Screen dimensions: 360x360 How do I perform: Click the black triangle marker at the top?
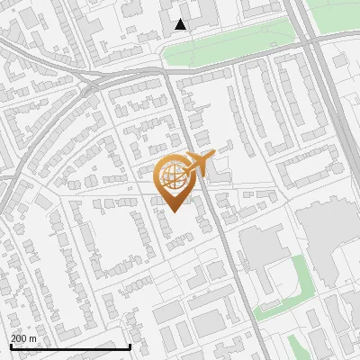point(181,24)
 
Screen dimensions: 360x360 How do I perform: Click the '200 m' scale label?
point(23,337)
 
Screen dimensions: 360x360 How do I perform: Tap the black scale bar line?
point(70,346)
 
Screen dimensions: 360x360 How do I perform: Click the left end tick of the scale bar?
point(11,346)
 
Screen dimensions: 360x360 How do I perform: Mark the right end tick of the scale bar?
point(130,346)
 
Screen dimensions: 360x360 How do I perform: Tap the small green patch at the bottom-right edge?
point(297,346)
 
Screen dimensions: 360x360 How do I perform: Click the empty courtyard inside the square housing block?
point(112,238)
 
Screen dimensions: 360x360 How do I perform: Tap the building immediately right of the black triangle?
point(202,13)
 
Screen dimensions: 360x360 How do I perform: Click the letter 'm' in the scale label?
point(32,337)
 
